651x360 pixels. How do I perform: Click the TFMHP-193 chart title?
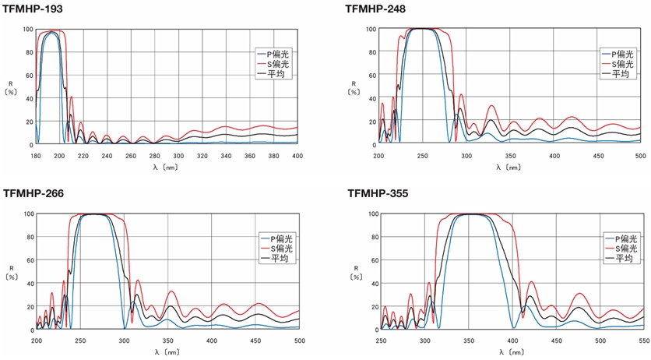click(33, 9)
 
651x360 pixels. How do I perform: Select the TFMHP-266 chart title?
click(33, 193)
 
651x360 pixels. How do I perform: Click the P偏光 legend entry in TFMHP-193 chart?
click(277, 54)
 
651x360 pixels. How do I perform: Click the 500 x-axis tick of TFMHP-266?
click(299, 340)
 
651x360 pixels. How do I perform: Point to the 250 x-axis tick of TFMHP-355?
click(381, 340)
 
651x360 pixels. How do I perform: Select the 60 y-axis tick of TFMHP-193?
click(29, 76)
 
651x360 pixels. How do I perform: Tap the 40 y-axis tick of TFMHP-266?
click(29, 284)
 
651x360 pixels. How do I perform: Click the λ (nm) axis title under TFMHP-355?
click(511, 351)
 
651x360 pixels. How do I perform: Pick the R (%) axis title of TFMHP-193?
click(11, 86)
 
